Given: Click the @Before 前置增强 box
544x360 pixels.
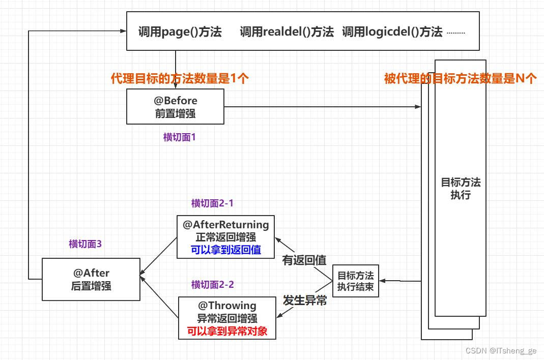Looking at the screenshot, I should coord(175,107).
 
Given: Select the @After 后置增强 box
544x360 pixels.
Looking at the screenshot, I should coord(91,279).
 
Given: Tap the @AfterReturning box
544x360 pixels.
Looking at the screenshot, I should coord(225,237).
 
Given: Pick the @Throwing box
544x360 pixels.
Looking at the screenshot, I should coord(226,318).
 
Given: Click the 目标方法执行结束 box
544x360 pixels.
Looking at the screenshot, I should coord(355,281).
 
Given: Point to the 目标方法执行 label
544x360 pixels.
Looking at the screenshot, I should coord(461,189).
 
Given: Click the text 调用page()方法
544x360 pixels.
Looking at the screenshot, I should coord(180,32).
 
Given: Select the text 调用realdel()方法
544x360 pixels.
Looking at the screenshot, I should coord(287,32).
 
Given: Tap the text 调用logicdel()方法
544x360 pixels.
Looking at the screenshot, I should coord(392,32).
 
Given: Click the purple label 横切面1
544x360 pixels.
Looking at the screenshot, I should coord(180,137).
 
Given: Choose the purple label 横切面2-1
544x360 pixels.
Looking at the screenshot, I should coord(212,203).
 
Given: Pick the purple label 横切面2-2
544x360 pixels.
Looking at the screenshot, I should coord(212,285).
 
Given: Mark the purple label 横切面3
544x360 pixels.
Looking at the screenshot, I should coord(85,244).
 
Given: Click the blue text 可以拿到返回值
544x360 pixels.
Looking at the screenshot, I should coord(226,250).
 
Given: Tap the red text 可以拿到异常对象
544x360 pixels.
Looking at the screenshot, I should coord(226,332).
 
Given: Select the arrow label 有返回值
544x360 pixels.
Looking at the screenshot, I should coord(304,260).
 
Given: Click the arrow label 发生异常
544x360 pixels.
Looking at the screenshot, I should coord(304,301).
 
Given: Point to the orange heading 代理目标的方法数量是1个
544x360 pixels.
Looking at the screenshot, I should coord(180,78).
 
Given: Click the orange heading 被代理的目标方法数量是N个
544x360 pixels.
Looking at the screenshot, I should coord(460,78).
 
